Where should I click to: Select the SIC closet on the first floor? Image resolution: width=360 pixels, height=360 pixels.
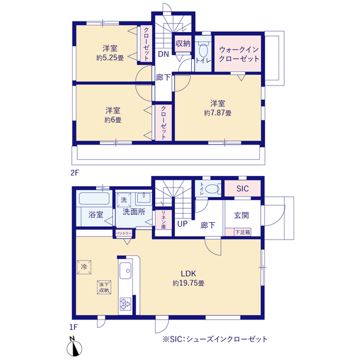(x=242, y=188)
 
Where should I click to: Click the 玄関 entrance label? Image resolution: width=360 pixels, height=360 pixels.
(x=241, y=215)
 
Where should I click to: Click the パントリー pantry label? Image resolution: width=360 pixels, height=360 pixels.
(x=124, y=233)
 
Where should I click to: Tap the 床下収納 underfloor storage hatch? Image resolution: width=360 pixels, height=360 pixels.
(x=104, y=287)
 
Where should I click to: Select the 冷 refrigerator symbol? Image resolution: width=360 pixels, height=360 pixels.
(x=84, y=267)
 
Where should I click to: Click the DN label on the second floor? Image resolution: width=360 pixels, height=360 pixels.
(x=163, y=55)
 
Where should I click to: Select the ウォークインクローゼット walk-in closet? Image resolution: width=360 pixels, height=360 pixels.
(x=238, y=54)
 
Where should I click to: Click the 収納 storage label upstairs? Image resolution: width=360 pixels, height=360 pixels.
(x=183, y=44)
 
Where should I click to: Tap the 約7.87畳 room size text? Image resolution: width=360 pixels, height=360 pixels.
(x=218, y=113)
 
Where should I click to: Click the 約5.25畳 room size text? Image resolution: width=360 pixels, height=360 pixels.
(x=110, y=57)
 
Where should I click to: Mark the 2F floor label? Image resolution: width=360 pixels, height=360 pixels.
(x=75, y=173)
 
